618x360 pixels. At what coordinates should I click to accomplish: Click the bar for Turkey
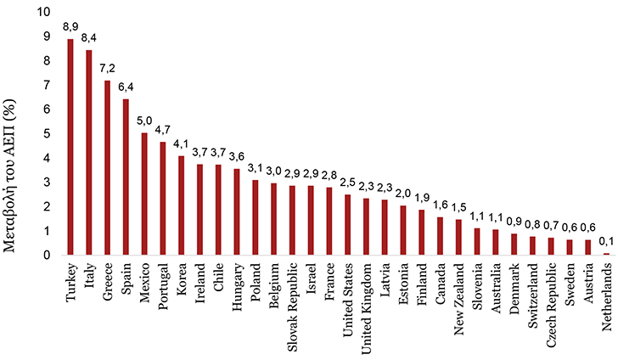(x=70, y=147)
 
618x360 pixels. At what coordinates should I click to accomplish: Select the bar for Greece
(x=107, y=167)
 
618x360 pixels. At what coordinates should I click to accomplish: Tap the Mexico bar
(x=144, y=194)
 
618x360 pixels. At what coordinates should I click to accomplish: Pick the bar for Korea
(x=182, y=205)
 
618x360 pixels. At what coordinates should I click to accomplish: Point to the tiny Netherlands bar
(x=606, y=254)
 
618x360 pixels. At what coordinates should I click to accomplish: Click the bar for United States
(x=348, y=225)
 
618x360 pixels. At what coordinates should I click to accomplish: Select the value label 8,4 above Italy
(x=88, y=38)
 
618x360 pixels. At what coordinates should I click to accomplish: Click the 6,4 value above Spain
(x=126, y=87)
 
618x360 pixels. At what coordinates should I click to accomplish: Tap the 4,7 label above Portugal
(x=163, y=130)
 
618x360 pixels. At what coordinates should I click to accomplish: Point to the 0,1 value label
(x=606, y=241)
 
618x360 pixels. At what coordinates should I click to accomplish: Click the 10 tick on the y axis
(x=44, y=12)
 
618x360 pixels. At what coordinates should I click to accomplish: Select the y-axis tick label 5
(x=48, y=133)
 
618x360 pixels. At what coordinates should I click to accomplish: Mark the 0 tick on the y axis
(x=48, y=255)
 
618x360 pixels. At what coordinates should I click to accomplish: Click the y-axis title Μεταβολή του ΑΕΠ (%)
(x=9, y=177)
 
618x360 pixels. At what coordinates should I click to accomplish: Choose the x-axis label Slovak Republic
(x=292, y=307)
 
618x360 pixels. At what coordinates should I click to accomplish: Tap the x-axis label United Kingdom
(x=366, y=309)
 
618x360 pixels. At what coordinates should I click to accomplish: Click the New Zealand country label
(x=458, y=299)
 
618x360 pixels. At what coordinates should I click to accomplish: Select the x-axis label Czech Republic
(x=551, y=305)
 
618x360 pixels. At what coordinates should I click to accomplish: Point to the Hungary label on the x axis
(x=237, y=287)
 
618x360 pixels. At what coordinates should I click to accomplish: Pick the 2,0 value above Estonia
(x=402, y=194)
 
